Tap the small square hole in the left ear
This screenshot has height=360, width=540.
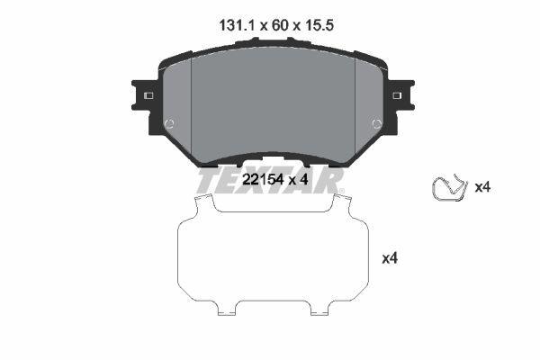148,96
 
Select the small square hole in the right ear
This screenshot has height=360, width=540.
396,96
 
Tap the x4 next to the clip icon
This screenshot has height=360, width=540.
481,187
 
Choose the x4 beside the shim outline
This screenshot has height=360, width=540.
390,258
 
